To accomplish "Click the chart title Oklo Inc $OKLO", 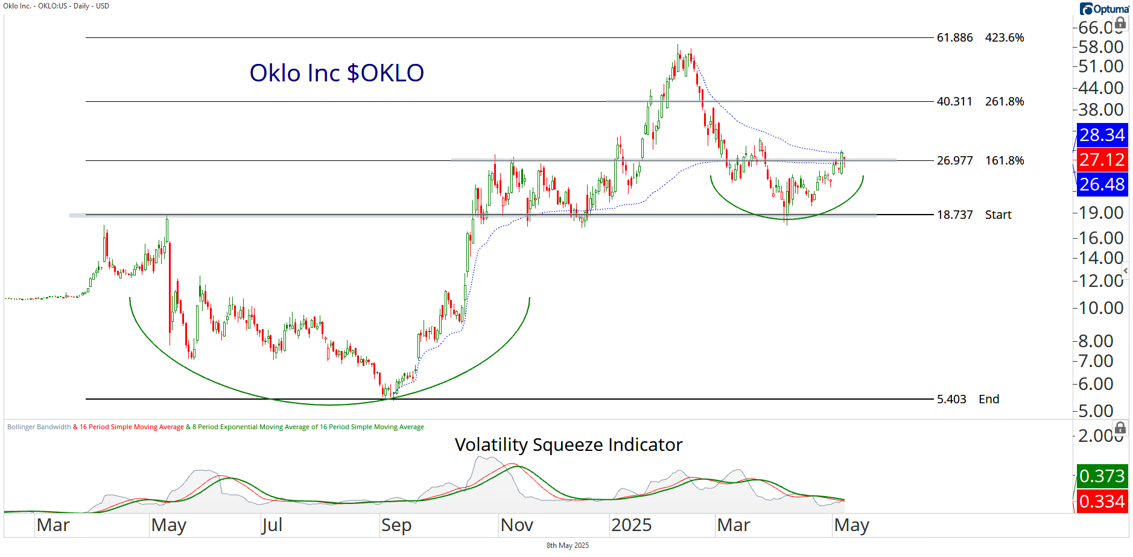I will click(337, 73).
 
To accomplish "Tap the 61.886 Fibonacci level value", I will click(954, 37).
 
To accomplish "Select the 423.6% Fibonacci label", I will click(1004, 37).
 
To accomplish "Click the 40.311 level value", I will click(954, 101).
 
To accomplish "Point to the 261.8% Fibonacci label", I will click(1004, 101).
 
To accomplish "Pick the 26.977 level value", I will click(954, 160).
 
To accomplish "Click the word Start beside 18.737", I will click(998, 215).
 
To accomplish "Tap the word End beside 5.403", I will click(989, 399).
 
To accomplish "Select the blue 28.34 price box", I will click(1102, 134).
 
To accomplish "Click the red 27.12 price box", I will click(1102, 160).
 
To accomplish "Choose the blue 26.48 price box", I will click(1102, 184).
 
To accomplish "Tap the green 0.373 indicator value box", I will click(1102, 476).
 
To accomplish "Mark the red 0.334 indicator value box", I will click(1102, 502).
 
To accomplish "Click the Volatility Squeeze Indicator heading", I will click(568, 445).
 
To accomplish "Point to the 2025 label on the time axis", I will click(631, 525).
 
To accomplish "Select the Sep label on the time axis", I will click(396, 525).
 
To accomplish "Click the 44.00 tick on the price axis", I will click(1101, 88).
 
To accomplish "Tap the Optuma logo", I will click(1104, 9).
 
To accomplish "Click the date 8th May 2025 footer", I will click(567, 546).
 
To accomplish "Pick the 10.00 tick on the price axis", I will click(1101, 308).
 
